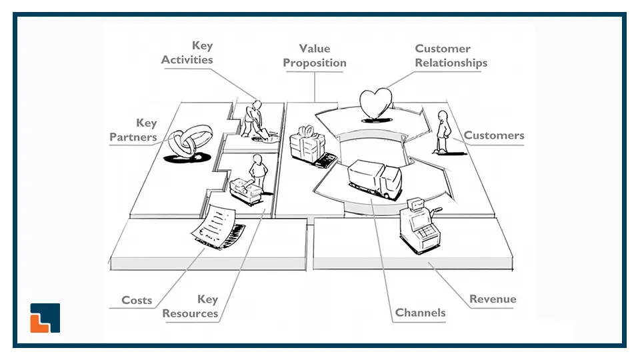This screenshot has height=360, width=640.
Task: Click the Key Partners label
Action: pos(133,130)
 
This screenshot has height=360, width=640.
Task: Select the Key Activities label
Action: pos(187,53)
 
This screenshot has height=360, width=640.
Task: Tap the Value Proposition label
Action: pos(315,56)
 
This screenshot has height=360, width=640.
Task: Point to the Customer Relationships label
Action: pos(451,56)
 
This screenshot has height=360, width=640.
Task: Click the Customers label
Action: pos(494,135)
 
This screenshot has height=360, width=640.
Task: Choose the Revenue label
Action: pos(493,299)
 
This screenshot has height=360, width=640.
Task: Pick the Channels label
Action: pos(420,312)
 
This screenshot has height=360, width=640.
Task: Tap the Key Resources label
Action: pos(191,306)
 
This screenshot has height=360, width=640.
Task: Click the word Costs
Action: pos(137,300)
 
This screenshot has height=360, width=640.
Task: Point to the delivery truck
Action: pos(375,177)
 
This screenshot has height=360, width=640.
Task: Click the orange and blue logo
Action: pos(45,318)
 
